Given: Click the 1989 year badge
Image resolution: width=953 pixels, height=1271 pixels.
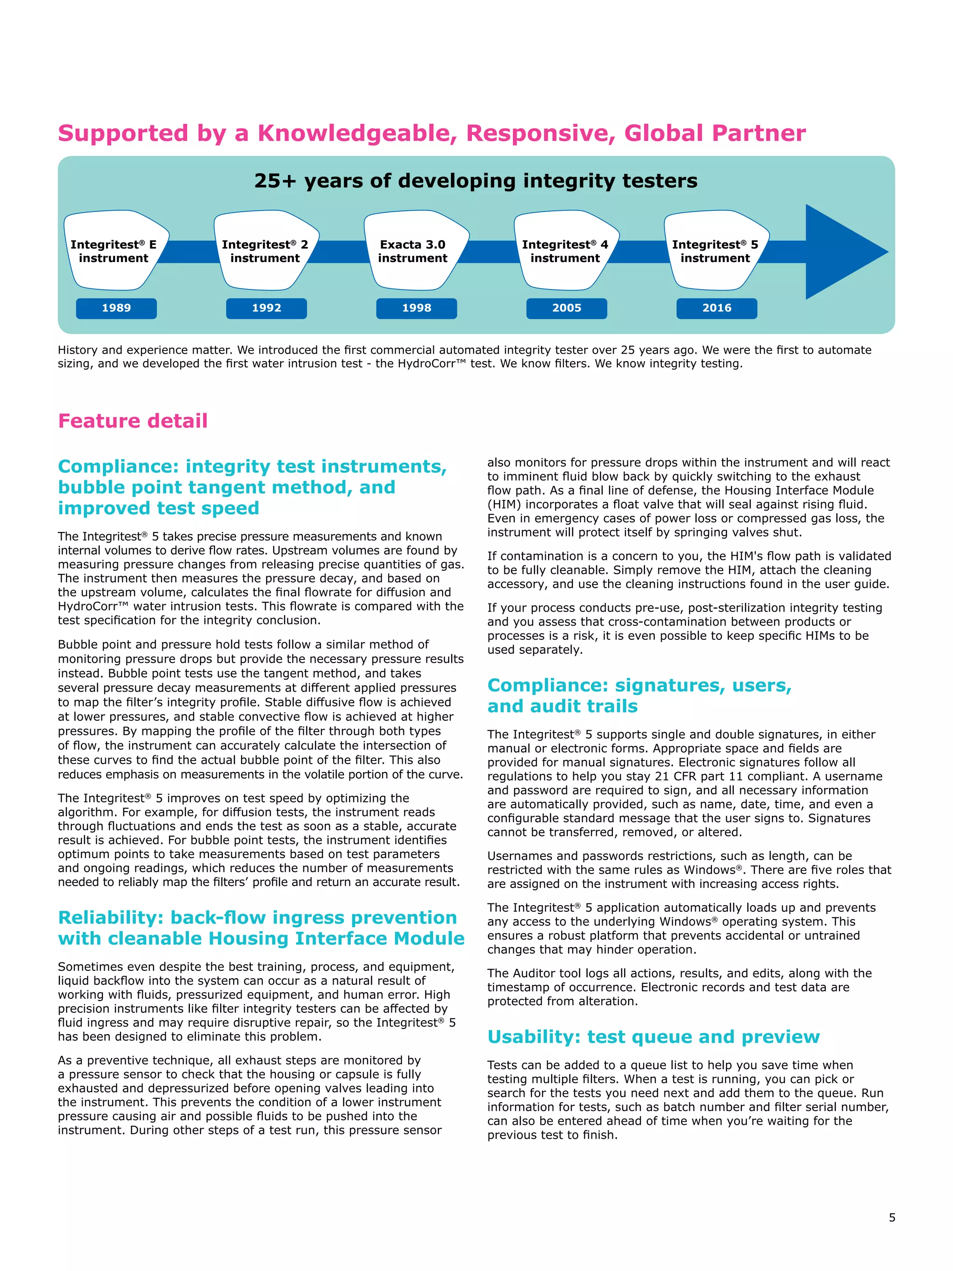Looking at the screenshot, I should tap(116, 308).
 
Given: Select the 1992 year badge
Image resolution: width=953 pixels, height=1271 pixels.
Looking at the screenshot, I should tap(266, 308).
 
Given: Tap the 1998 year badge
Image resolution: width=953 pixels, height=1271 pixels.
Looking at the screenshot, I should tap(416, 308).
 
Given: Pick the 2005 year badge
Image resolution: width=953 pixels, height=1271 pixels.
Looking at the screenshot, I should tap(566, 308).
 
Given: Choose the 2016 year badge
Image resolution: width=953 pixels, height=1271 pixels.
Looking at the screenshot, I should tap(716, 308).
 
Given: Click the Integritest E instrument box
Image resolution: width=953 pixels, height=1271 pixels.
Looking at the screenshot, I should tap(114, 251).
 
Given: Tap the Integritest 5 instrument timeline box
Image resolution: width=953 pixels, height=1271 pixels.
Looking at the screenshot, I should tap(715, 251).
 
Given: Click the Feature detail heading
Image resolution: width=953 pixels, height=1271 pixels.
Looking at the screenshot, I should tap(133, 421).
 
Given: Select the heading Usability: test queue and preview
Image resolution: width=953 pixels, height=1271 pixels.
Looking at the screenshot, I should tap(653, 1036).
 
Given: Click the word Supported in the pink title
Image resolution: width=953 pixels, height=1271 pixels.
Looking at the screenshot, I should tap(123, 133).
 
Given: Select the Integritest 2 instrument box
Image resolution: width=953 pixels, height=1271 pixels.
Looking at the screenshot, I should tap(265, 251).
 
